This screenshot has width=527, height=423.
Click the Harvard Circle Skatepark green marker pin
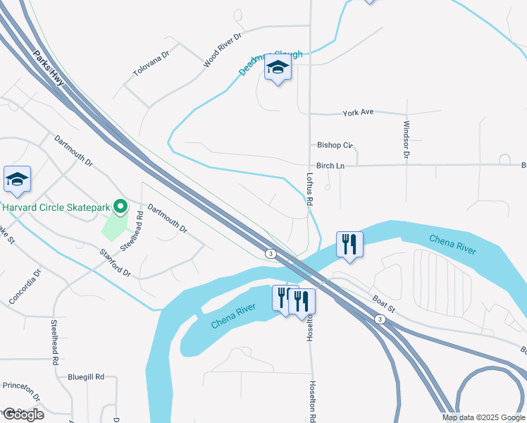point(120,207)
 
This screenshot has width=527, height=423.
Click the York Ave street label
point(358,113)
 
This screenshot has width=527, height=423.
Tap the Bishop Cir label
point(334,145)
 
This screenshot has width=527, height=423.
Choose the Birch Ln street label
point(330,166)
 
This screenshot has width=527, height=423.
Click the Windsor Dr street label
point(407,139)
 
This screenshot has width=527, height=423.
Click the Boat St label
point(385,302)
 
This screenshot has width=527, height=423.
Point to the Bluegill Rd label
point(87,377)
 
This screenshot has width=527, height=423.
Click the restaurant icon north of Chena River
point(349,245)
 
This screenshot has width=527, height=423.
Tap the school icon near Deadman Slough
point(278,68)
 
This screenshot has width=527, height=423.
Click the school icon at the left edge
point(17,179)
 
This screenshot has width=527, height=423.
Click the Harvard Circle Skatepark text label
point(57,207)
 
